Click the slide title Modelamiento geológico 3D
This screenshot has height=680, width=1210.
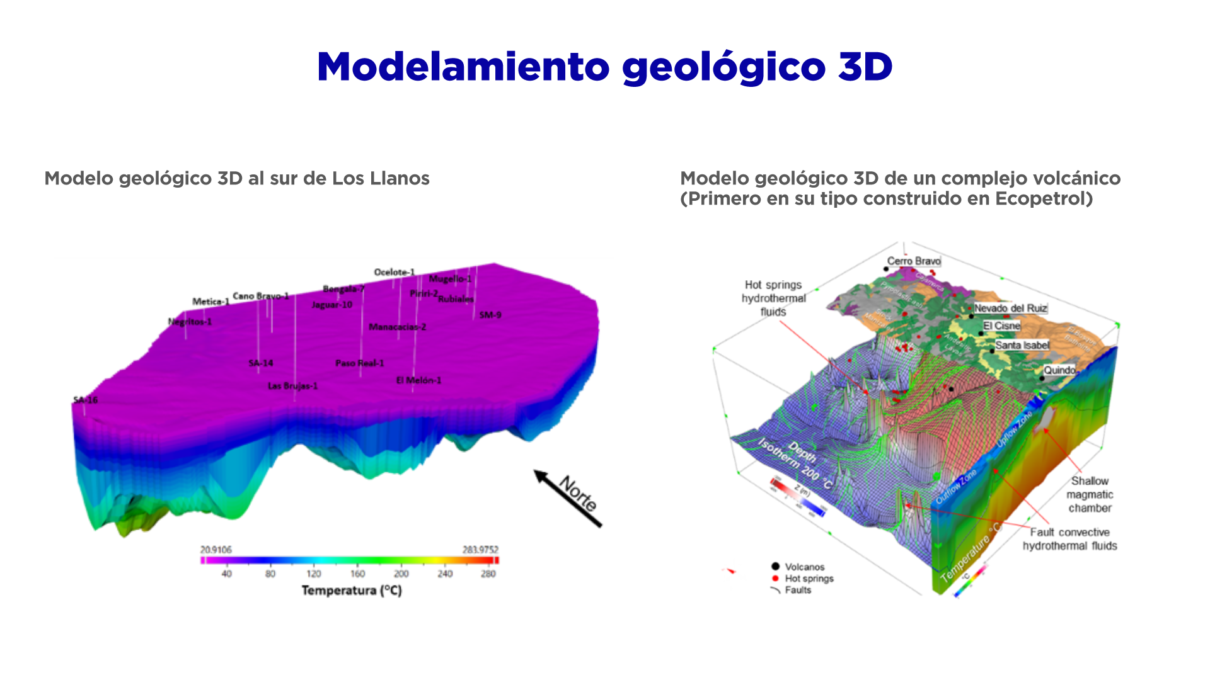tap(604, 67)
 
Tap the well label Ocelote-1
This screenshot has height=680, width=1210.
tap(395, 272)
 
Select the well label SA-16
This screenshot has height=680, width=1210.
tap(86, 400)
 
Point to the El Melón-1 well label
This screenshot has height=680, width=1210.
tap(418, 380)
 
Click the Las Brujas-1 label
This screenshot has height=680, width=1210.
tap(292, 386)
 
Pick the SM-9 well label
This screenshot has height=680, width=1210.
tap(490, 315)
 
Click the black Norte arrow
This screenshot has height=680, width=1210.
tap(568, 498)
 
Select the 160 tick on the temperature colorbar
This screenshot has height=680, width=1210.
tap(357, 574)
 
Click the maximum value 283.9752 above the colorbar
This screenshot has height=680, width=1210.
tap(480, 550)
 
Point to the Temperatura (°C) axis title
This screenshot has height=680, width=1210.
tap(351, 591)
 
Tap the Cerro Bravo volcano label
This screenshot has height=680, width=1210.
tap(914, 261)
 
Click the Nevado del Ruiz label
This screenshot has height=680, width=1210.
tap(1010, 308)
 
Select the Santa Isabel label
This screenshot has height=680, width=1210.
tap(1022, 345)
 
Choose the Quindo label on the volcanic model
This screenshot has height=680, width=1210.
tap(1059, 370)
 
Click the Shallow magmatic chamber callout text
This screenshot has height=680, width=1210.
tap(1090, 494)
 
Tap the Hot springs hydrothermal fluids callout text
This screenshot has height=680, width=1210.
tap(773, 298)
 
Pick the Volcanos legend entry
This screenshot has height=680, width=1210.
tap(804, 567)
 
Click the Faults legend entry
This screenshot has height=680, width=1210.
tap(798, 590)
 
